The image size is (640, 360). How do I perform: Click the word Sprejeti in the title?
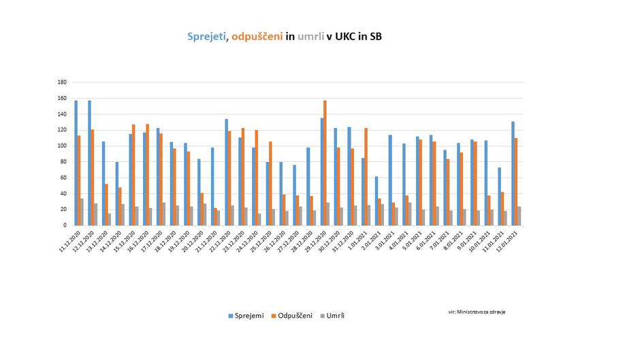(x=207, y=37)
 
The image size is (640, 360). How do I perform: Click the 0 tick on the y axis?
(x=65, y=225)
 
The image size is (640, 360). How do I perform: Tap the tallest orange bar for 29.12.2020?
(x=325, y=163)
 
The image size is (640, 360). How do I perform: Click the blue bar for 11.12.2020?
(x=76, y=163)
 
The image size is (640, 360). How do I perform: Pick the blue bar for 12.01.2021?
(x=513, y=173)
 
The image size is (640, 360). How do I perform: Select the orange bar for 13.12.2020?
(x=107, y=204)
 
